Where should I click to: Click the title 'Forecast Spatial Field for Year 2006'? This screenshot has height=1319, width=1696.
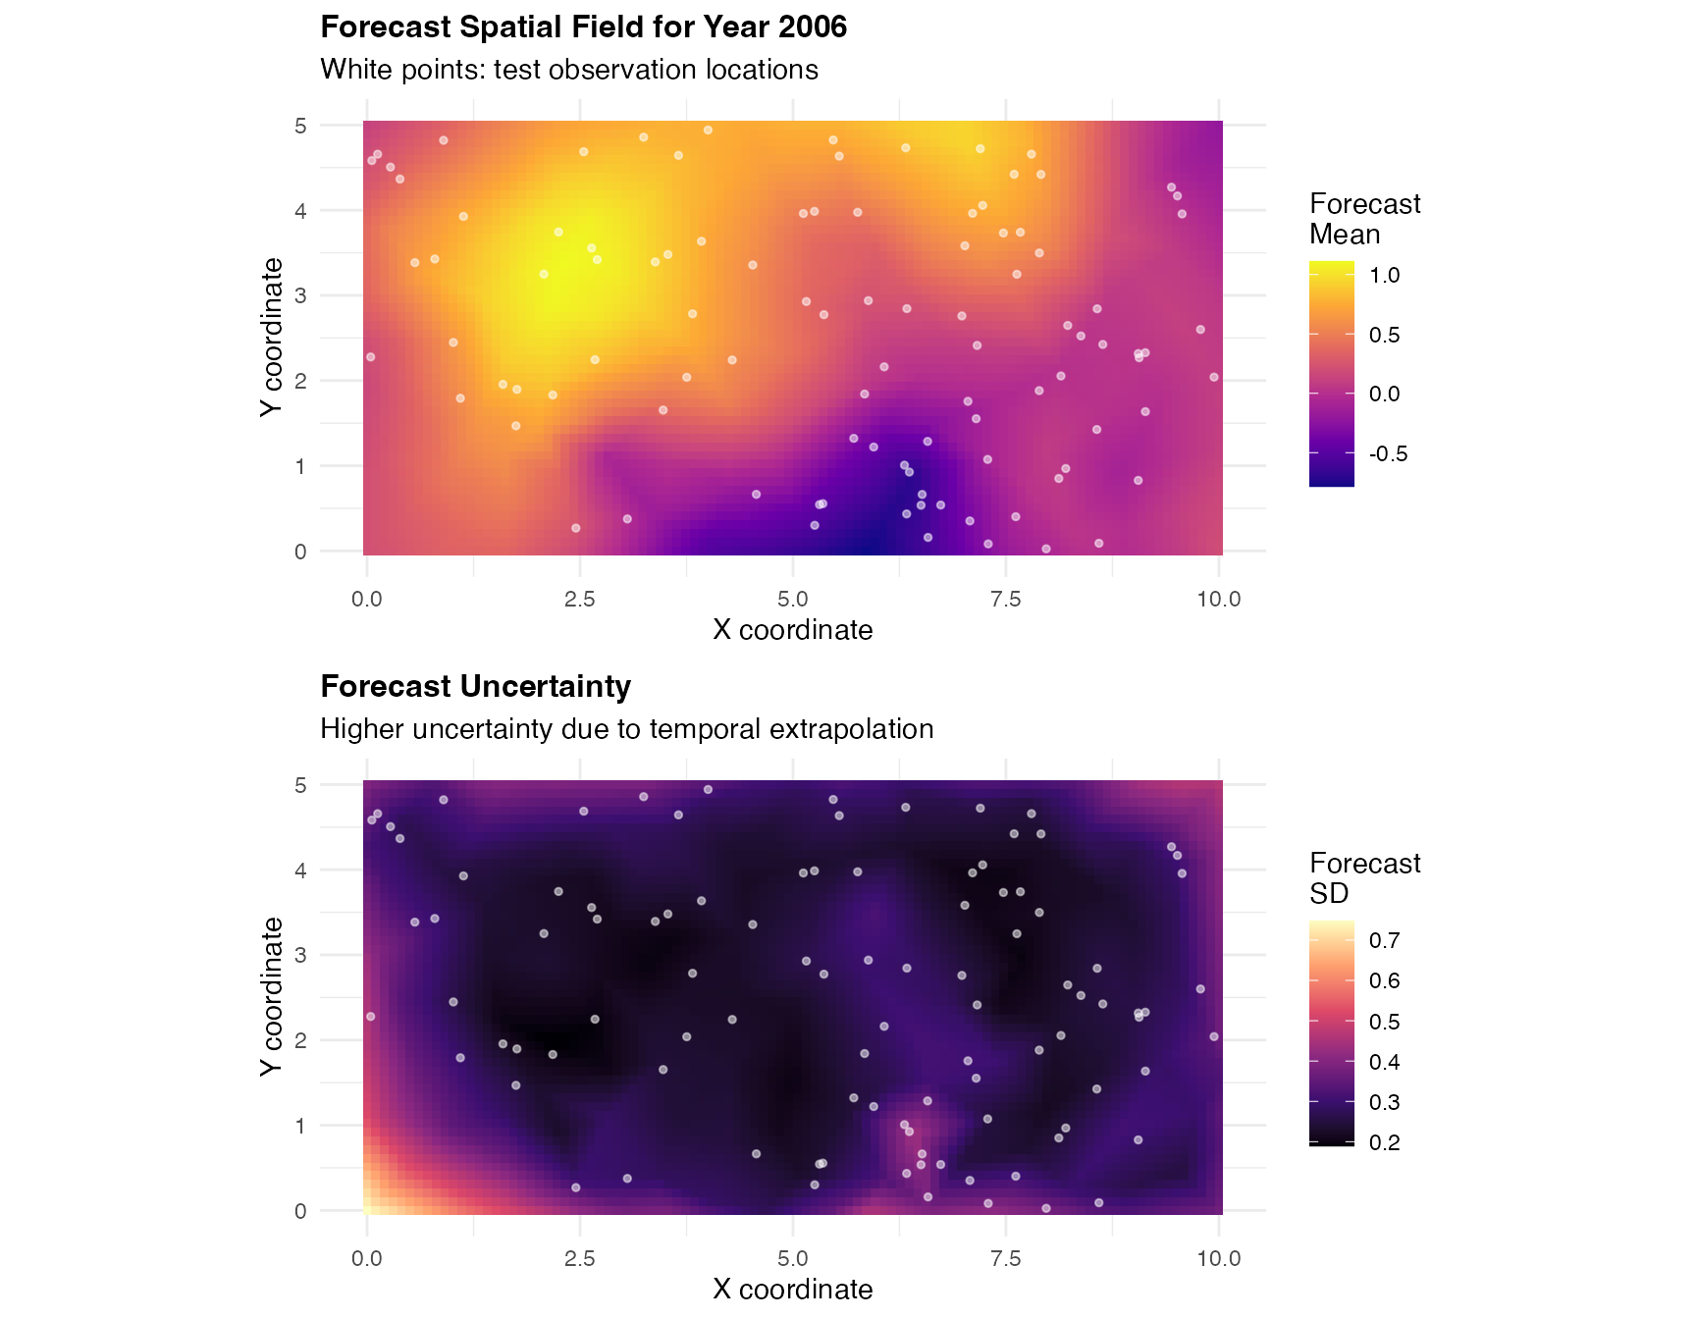[583, 27]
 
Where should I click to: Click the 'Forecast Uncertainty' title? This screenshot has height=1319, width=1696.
[475, 687]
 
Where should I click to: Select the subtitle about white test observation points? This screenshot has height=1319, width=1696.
[569, 70]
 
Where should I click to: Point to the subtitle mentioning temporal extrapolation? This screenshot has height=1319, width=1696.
[626, 729]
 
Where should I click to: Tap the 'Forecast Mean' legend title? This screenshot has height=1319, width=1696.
[1363, 219]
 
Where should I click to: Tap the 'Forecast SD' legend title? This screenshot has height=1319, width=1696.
[1363, 878]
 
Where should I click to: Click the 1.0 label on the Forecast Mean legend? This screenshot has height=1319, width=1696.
[1384, 276]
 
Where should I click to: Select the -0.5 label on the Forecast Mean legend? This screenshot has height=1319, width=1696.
[1388, 454]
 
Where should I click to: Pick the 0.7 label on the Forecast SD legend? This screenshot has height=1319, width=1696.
[1384, 941]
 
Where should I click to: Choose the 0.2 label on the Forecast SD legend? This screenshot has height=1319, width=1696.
[1384, 1143]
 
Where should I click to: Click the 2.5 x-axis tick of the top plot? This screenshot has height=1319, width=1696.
[579, 600]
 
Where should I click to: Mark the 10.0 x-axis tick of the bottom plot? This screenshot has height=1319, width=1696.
[1218, 1259]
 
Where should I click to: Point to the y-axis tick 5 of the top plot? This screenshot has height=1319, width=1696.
[300, 126]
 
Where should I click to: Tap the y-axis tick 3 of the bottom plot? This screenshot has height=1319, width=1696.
[300, 956]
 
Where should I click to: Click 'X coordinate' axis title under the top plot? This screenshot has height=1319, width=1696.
[792, 630]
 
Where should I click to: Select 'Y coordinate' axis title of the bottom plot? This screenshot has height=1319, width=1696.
[272, 996]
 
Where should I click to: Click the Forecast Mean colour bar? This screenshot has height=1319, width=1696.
[1331, 373]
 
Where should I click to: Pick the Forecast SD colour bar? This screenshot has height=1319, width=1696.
[1331, 1032]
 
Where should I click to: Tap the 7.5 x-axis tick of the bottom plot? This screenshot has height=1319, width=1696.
[1005, 1259]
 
